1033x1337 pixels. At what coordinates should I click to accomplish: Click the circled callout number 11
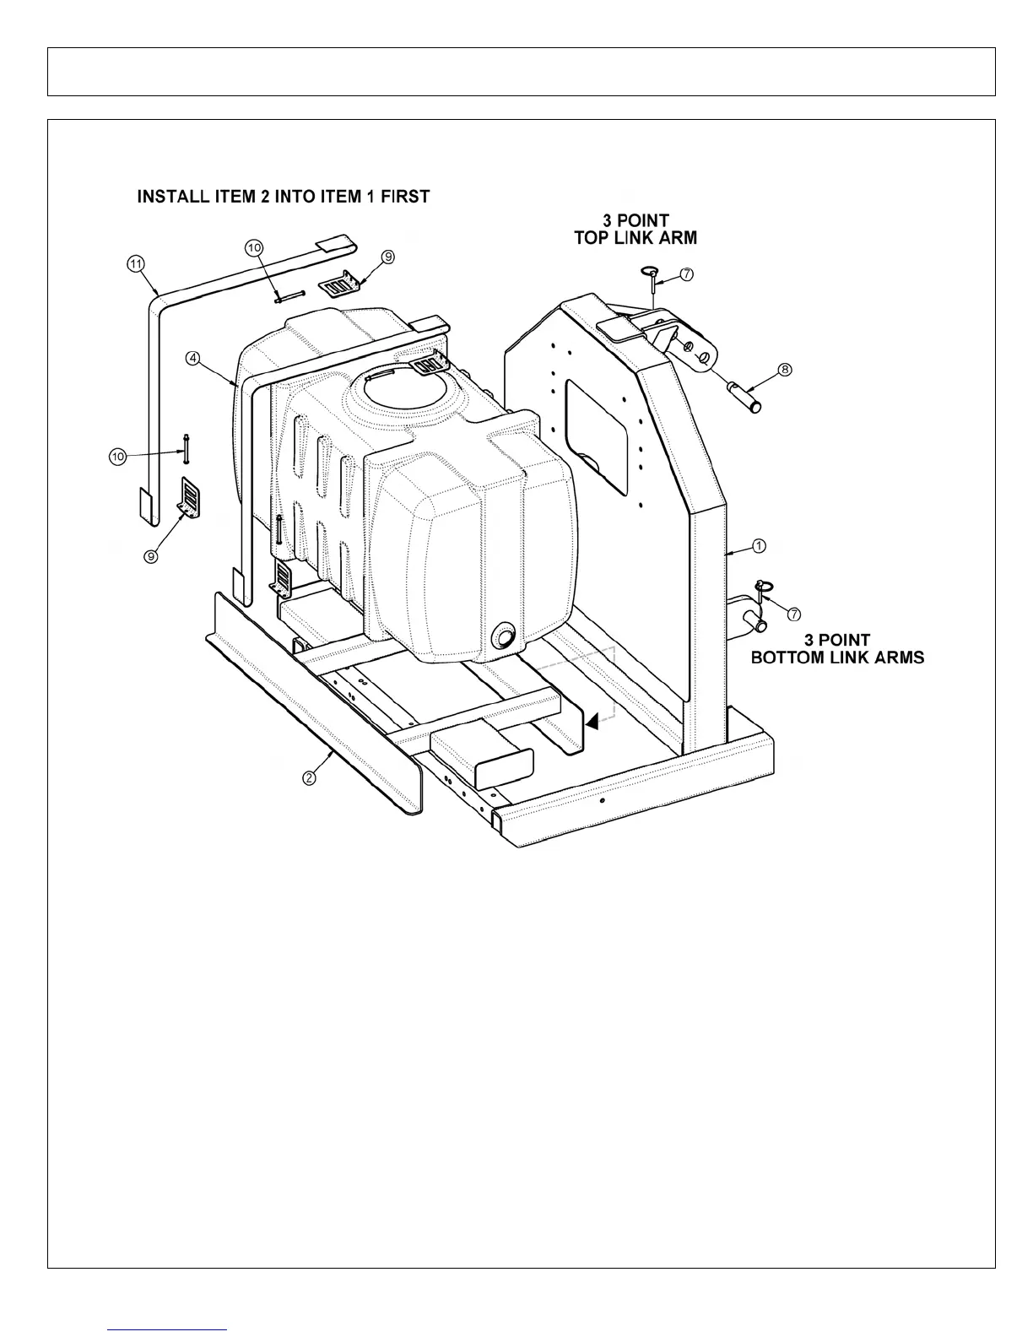135,264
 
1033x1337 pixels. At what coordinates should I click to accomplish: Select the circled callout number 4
193,358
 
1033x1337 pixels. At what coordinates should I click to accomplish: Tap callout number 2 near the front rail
310,777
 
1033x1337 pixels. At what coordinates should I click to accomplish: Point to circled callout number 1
759,546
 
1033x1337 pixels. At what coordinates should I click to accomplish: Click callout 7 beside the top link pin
687,274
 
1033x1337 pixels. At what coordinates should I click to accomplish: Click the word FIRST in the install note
405,197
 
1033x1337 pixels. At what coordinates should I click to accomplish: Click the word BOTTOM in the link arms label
787,658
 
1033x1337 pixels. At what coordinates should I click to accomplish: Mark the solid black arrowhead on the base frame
592,721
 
